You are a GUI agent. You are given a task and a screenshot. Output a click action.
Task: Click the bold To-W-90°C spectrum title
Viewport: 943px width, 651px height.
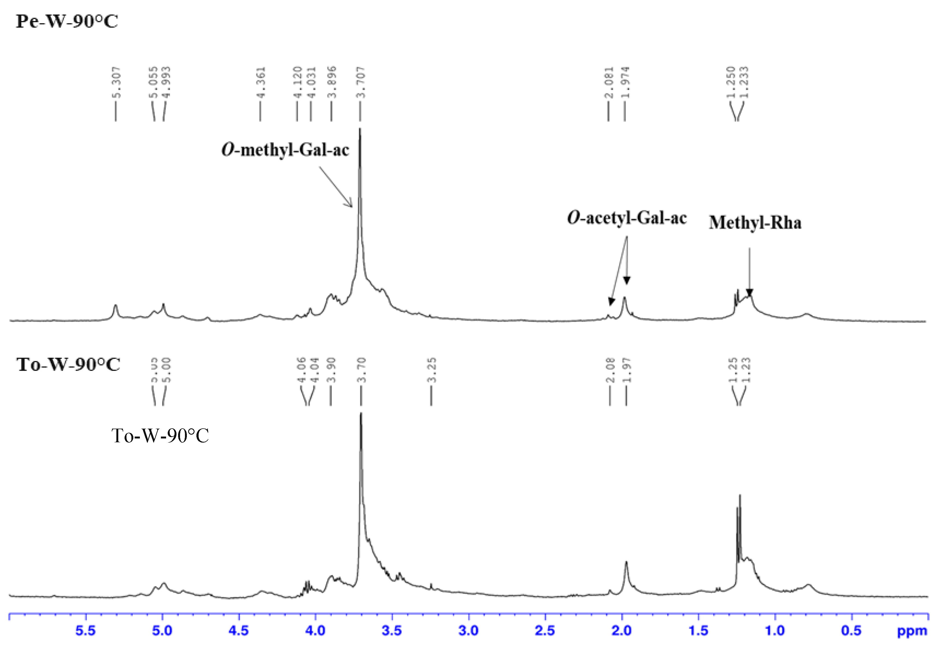click(68, 364)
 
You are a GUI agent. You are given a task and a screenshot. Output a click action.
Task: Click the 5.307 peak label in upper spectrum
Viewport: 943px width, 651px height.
click(116, 83)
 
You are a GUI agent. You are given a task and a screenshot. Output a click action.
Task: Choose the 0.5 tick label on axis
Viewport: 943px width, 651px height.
click(851, 631)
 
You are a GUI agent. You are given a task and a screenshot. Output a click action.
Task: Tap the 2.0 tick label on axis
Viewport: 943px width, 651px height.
click(621, 631)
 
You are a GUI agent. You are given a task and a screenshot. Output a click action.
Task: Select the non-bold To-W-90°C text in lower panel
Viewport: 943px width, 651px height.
click(160, 436)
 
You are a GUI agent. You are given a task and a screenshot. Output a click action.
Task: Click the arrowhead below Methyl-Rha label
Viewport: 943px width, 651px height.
click(749, 293)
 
